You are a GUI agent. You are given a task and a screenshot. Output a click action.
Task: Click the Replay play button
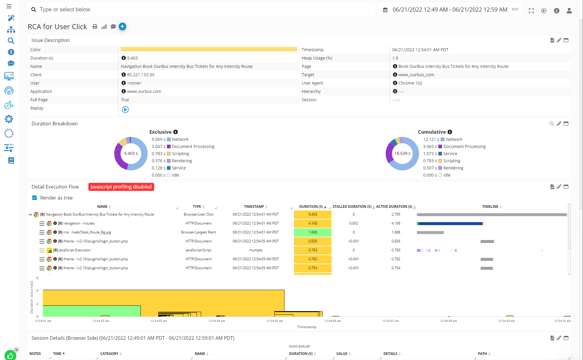click(125, 110)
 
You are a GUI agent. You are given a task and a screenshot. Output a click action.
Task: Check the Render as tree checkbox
click(35, 198)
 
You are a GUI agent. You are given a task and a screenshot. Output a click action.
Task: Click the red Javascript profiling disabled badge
click(121, 187)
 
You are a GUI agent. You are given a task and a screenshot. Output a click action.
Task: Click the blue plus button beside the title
click(122, 27)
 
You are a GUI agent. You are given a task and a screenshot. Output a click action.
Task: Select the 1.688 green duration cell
click(312, 232)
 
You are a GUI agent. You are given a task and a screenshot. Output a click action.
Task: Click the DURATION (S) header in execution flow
click(311, 207)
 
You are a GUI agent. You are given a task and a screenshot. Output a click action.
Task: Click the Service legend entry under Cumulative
click(450, 154)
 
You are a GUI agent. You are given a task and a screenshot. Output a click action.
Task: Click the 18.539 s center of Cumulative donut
click(402, 153)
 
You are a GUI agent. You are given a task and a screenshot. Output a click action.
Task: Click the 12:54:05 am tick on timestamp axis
click(274, 321)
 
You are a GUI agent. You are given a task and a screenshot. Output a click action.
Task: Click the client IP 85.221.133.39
click(140, 75)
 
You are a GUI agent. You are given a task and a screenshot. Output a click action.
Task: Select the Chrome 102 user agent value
click(410, 83)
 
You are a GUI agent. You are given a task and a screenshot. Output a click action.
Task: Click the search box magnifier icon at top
click(34, 10)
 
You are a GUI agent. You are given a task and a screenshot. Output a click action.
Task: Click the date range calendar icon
click(385, 10)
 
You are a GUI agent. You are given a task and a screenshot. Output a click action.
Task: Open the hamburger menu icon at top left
click(9, 6)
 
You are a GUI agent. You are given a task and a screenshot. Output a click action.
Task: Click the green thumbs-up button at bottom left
click(10, 355)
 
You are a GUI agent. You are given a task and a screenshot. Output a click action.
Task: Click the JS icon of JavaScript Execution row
click(50, 250)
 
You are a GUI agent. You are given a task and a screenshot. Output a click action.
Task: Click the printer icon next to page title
click(95, 27)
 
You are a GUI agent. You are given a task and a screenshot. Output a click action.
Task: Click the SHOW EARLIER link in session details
click(299, 346)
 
